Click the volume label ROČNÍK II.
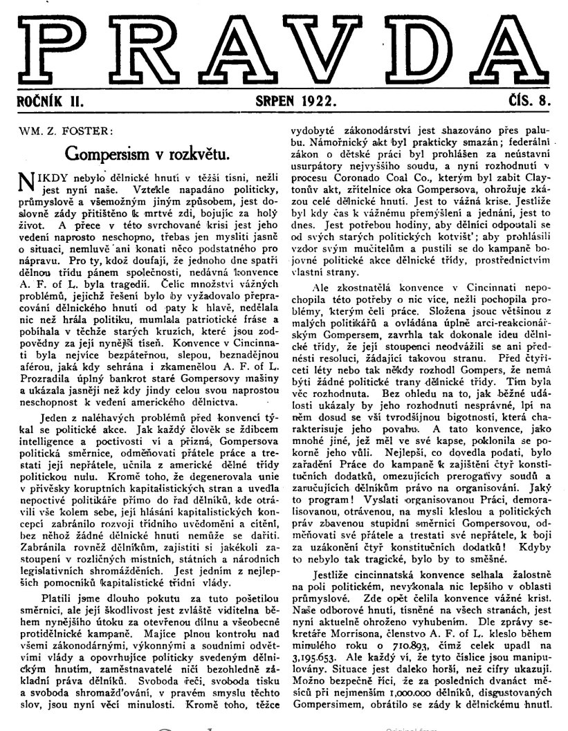51,101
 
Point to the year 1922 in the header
318,101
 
